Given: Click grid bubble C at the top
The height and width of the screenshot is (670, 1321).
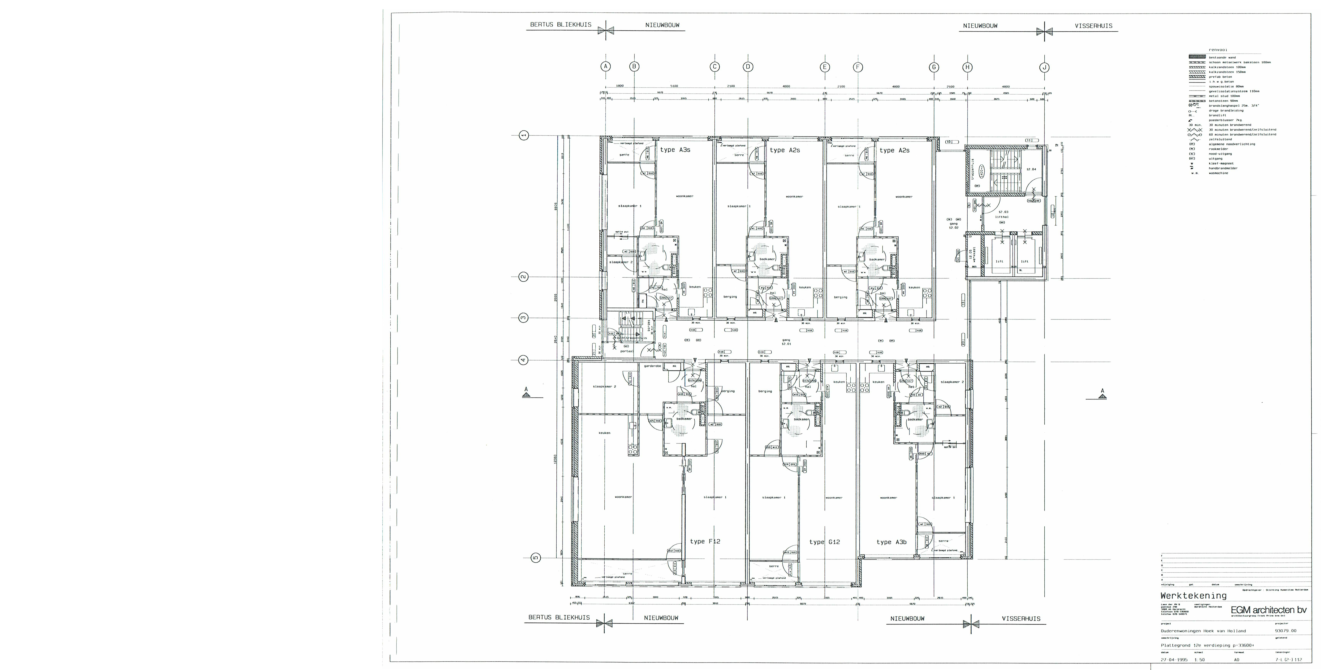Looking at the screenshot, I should pyautogui.click(x=714, y=67).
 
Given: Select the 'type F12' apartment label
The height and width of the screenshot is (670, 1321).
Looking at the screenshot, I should pyautogui.click(x=705, y=541).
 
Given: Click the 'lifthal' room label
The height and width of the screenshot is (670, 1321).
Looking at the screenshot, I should pyautogui.click(x=1002, y=217).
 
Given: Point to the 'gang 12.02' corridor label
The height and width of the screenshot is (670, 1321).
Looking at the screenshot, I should pyautogui.click(x=953, y=225).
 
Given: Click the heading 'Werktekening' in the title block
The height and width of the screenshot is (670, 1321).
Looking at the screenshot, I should pyautogui.click(x=1193, y=596).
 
